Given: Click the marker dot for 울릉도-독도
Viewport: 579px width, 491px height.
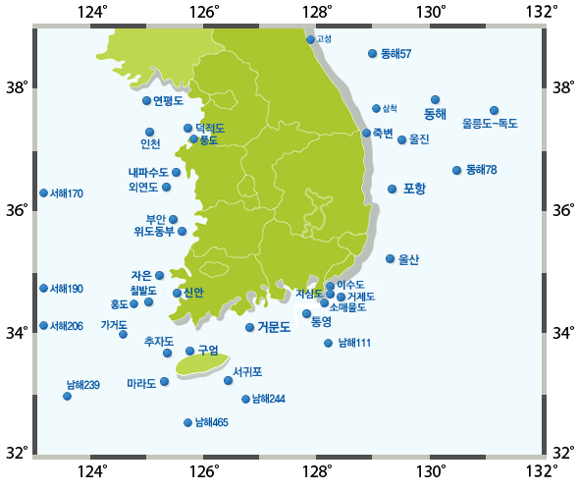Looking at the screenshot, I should pos(495,110).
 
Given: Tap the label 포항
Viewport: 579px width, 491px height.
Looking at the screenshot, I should pos(414,189).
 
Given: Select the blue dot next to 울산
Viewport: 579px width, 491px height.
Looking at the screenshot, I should pos(391,259).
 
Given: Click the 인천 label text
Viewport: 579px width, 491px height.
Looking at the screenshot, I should pos(150,144).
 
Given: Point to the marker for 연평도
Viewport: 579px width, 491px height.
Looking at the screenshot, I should pos(146,100).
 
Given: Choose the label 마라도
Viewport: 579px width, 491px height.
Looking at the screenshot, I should pos(141,384).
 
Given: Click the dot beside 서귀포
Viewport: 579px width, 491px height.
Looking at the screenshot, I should pos(229,380).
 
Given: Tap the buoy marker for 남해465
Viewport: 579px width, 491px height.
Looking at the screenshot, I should pos(188,422).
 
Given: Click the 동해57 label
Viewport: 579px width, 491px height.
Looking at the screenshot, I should pos(395,53).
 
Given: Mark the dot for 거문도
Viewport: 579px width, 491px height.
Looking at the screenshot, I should pos(250,327).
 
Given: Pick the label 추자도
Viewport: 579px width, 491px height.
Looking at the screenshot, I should pos(158,342).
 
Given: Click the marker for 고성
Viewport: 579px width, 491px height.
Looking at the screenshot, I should pos(311,39).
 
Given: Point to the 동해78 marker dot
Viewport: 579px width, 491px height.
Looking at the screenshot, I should pos(456,171).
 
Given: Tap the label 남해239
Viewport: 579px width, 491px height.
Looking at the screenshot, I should pos(83,384).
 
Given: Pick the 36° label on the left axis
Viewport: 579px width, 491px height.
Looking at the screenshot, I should pos(16,210).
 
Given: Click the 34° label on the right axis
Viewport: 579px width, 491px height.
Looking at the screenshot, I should pos(564,332).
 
